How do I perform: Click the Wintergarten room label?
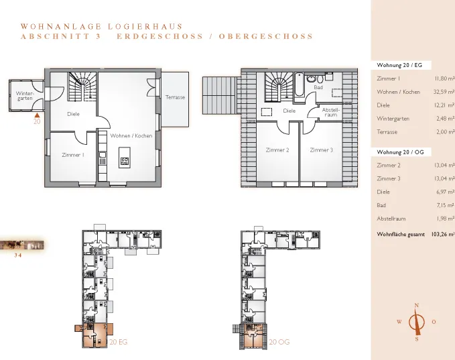coord(25,96)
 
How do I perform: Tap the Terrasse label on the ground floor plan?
coord(175,97)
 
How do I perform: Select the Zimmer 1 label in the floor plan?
coord(73,155)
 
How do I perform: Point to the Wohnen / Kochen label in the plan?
coord(131,135)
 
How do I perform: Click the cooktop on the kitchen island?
coord(125,161)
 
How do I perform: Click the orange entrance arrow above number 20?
coord(37,115)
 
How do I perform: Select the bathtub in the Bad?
coord(299,84)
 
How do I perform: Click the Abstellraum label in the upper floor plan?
coord(330,113)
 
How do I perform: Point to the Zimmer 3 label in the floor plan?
coord(321,150)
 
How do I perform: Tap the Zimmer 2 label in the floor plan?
coord(277,150)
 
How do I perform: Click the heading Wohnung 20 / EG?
coord(399,65)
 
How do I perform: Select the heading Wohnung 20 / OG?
coord(400,152)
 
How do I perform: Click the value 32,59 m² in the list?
coord(444,92)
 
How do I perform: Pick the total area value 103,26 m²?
coord(443,234)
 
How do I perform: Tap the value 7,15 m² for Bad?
coord(446,205)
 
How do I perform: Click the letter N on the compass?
coord(417,305)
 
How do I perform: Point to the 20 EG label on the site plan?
coord(119,342)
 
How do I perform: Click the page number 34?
coord(18,255)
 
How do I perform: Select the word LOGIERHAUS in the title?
coord(145,27)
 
